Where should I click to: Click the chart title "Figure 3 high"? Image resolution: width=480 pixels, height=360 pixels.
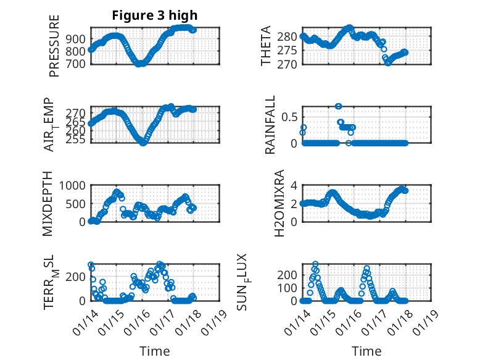tap(155, 16)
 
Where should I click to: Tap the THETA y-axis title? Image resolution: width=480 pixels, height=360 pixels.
tap(266, 46)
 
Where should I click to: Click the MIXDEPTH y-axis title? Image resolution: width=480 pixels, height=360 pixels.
tap(48, 204)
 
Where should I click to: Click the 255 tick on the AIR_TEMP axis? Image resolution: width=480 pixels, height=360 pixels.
tap(78, 140)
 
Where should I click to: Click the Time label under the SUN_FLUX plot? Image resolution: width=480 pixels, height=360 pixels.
tap(366, 351)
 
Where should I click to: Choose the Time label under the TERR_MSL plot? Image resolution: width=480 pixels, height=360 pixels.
tap(155, 351)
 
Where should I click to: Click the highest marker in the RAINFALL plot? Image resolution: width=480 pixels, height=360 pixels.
tap(338, 106)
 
